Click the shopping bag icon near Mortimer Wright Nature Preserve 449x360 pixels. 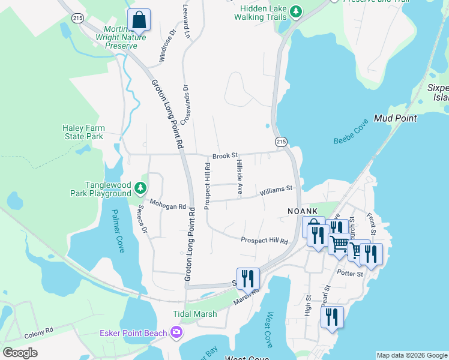pyautogui.click(x=139, y=20)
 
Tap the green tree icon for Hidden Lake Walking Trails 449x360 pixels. pyautogui.click(x=295, y=11)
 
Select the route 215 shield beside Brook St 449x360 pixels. pyautogui.click(x=281, y=141)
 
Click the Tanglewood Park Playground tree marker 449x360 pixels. pyautogui.click(x=140, y=188)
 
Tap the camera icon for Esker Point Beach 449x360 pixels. pyautogui.click(x=176, y=332)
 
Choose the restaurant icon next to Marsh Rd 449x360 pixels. pyautogui.click(x=248, y=279)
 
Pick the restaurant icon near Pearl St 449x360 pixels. pyautogui.click(x=332, y=317)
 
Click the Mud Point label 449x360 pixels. pyautogui.click(x=395, y=118)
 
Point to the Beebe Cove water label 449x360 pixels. pyautogui.click(x=351, y=131)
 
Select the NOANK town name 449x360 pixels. pyautogui.click(x=306, y=211)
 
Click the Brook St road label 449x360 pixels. pyautogui.click(x=225, y=155)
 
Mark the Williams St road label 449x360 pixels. pyautogui.click(x=276, y=190)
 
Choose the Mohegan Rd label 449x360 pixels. pyautogui.click(x=168, y=206)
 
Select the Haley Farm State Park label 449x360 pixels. pyautogui.click(x=83, y=132)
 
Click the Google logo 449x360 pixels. pyautogui.click(x=20, y=353)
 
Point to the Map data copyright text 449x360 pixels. pyautogui.click(x=412, y=355)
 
